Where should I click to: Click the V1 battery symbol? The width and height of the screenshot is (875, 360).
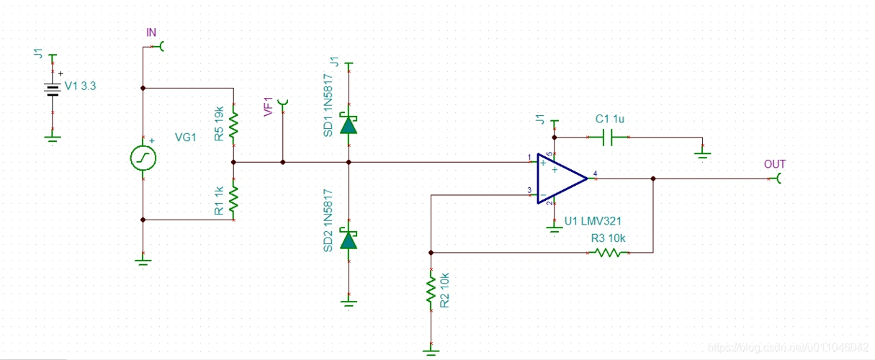pos(52,88)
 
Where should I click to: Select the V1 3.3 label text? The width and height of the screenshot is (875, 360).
pos(80,86)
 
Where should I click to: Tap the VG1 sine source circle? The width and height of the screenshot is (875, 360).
pos(143,158)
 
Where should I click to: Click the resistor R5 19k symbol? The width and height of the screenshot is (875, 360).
pos(233,125)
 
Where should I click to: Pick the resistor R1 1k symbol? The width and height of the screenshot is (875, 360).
pos(233,199)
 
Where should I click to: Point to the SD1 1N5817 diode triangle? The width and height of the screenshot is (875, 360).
pos(349,125)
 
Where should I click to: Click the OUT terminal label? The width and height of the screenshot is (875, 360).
pos(775,164)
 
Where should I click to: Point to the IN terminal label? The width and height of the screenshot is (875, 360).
pos(151,32)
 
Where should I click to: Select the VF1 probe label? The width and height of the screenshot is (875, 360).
pos(269,107)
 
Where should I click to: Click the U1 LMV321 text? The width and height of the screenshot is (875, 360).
pos(593,221)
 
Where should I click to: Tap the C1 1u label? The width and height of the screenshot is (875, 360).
pos(610,119)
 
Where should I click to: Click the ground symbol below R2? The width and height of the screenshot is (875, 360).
pos(431,351)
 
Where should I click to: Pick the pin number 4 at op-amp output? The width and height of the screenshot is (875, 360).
pos(595,173)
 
